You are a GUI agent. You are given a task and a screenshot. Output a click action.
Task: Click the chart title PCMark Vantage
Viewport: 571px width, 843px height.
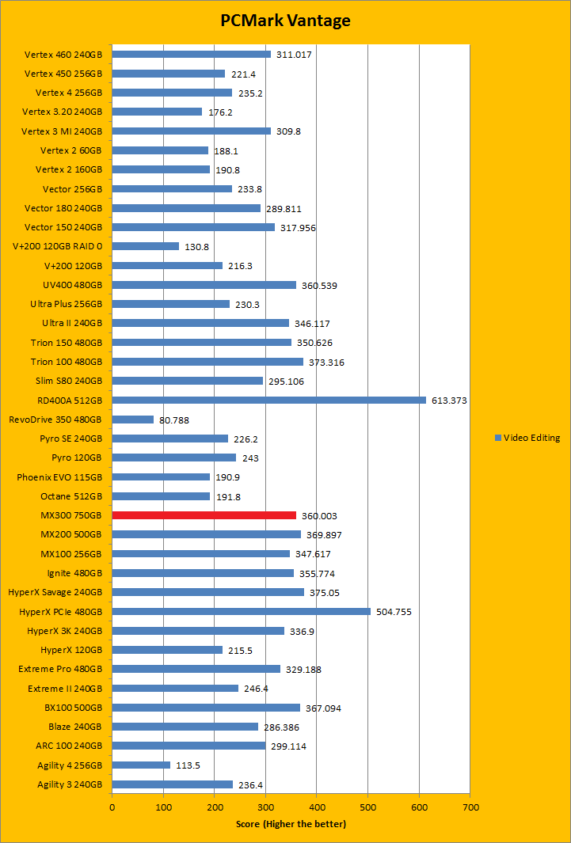pos(285,21)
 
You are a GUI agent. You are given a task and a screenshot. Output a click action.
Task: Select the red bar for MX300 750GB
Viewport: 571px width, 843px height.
pos(204,515)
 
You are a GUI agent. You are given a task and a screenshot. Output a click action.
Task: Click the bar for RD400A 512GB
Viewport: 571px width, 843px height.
pos(268,401)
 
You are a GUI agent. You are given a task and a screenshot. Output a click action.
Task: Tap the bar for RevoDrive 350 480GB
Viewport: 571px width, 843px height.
pos(132,420)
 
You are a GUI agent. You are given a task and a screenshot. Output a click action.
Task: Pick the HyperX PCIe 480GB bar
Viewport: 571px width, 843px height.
pos(241,611)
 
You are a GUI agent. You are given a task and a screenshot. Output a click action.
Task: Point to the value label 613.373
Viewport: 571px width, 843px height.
pos(449,401)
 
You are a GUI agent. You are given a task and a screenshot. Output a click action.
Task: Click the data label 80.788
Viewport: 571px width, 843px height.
pos(174,420)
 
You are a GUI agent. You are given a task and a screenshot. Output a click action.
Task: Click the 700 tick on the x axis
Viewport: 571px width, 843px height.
pos(470,807)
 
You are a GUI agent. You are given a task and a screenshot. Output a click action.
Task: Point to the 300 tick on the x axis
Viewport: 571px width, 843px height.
pos(265,807)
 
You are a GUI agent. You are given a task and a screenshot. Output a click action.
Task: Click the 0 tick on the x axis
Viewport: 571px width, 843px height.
pos(112,807)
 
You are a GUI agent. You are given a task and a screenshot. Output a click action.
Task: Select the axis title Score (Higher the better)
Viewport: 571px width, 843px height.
pos(291,824)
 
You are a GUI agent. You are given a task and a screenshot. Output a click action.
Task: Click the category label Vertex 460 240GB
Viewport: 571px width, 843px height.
pos(63,55)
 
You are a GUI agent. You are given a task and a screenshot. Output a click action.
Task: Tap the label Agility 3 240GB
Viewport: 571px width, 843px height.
pos(69,784)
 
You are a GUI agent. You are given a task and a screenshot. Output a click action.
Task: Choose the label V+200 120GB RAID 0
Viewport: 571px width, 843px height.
pos(57,246)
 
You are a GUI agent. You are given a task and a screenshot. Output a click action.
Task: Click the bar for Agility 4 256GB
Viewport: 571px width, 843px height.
pos(141,765)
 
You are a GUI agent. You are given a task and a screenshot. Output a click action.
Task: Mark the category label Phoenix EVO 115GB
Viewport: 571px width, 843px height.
pos(59,477)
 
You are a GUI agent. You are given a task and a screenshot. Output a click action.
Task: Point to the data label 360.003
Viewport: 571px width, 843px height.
pos(320,515)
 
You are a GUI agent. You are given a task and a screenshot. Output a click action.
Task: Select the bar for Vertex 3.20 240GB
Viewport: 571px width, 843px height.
pos(157,112)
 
